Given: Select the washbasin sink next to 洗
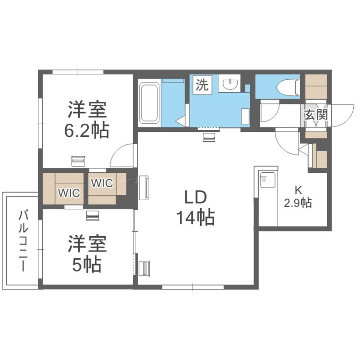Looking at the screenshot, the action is coord(229,83).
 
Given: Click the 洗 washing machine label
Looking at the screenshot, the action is coord(202,84).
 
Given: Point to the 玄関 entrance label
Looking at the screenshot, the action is coord(316,114).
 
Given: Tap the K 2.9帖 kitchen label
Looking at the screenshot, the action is coord(298,197).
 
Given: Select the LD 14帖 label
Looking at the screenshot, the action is coord(196,208).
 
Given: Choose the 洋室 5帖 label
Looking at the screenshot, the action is coord(87,253).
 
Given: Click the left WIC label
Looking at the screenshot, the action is coord(69,193).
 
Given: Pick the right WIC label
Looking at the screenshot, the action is coord(102,183).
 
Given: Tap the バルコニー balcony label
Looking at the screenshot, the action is coord(23,241).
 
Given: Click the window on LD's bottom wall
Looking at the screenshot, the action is coord(193,287).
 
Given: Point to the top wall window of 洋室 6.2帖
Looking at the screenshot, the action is coord(78,72).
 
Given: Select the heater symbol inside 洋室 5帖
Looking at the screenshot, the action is coord(93,216).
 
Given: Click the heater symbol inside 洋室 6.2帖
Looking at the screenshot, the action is coord(78,161).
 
